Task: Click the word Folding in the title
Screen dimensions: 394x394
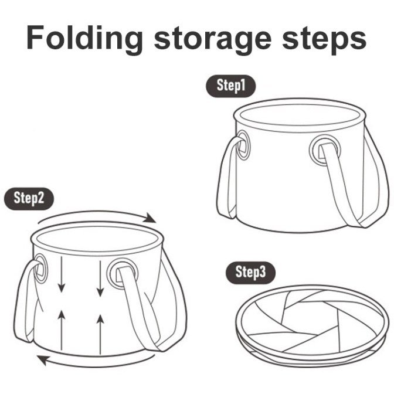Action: [85, 38]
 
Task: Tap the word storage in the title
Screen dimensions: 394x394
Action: [213, 40]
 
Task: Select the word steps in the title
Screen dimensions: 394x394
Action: [324, 40]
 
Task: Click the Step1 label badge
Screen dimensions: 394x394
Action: [230, 86]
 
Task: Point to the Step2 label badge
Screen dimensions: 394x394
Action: [29, 199]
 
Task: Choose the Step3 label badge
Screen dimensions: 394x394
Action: [250, 273]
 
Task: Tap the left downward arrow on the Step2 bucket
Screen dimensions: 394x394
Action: [62, 274]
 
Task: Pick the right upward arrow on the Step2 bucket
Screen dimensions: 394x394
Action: [100, 334]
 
